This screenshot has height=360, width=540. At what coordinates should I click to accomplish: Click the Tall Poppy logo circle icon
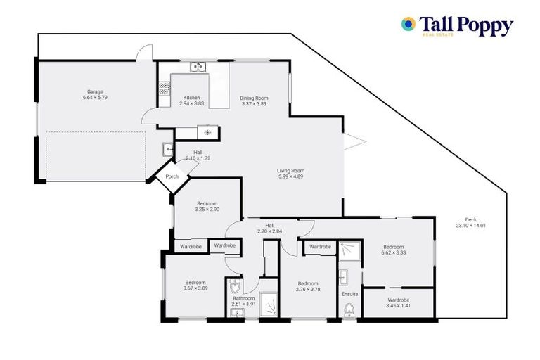tap(408, 24)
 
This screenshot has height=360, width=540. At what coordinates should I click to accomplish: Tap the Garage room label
tap(95, 91)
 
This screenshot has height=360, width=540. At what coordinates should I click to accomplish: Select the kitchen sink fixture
tap(198, 67)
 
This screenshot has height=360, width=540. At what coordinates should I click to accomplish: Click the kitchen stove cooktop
tap(164, 89)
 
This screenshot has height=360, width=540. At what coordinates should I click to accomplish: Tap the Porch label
tap(172, 176)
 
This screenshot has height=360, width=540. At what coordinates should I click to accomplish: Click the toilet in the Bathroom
tap(236, 285)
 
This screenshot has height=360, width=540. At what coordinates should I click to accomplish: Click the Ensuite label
tap(349, 294)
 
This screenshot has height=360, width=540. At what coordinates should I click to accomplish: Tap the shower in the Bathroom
tap(268, 303)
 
